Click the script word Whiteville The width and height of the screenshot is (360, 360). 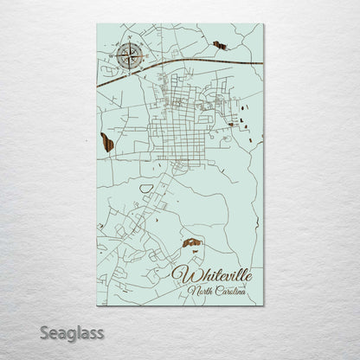(x=213, y=275)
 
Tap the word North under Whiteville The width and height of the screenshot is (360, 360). (x=198, y=291)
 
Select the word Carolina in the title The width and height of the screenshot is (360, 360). (x=228, y=291)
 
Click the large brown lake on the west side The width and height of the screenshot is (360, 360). (x=107, y=141)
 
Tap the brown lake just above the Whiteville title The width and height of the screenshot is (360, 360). (x=192, y=244)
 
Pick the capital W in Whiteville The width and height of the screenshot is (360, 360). (x=183, y=275)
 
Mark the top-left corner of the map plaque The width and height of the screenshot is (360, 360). (x=97, y=24)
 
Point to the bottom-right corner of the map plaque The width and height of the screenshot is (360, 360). (x=264, y=305)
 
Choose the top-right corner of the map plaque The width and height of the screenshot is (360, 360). (x=264, y=24)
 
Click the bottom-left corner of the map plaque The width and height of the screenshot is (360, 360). (x=97, y=305)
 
